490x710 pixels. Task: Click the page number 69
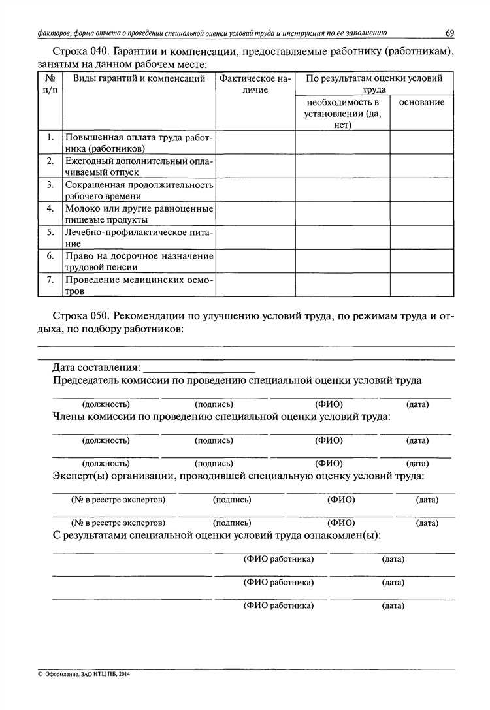pos(449,33)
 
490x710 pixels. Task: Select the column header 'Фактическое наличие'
pos(255,84)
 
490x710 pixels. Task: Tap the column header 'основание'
pos(421,103)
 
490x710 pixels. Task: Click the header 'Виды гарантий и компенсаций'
pos(139,79)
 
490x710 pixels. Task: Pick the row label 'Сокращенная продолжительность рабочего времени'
pos(139,190)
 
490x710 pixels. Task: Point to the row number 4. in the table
pos(50,208)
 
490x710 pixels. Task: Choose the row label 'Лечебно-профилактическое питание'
pos(139,237)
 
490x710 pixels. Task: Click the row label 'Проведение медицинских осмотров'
pos(139,285)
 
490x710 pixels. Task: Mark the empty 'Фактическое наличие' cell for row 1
pos(255,142)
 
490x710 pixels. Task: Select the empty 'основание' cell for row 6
pos(423,261)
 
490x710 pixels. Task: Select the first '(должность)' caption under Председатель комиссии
pos(106,404)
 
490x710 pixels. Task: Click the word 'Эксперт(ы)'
pos(80,476)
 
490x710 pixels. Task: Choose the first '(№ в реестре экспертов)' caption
pos(118,500)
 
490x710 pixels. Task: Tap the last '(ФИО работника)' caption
pos(278,605)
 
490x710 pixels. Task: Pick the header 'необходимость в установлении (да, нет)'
pos(342,114)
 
